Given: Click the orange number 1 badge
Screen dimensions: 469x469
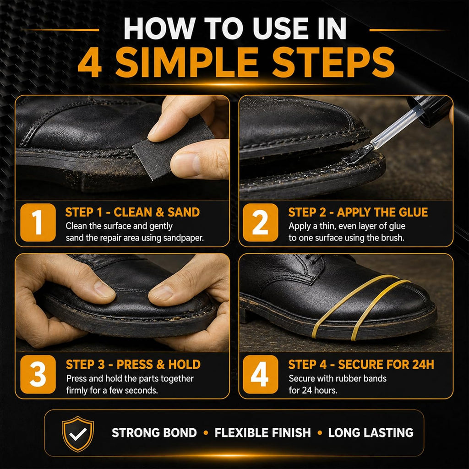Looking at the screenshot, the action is [38, 222].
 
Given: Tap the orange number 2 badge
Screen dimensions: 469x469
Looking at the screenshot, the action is [260, 222].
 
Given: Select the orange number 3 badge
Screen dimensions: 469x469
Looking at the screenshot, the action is [38, 374].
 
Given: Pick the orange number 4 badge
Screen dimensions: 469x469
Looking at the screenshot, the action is [260, 374].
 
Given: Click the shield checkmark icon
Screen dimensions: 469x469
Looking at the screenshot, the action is [78, 433].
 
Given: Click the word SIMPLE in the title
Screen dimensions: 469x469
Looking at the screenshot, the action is [187, 62].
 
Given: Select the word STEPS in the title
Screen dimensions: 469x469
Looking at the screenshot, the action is [333, 62].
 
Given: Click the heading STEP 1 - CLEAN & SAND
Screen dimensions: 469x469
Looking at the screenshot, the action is [132, 212].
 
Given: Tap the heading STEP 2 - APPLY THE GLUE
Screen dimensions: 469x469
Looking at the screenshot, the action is [358, 212].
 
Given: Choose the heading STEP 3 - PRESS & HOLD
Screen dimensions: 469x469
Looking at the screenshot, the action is [133, 364].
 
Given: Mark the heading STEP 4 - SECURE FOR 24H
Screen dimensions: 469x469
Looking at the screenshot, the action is [361, 364].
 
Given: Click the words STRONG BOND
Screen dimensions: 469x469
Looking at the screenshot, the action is [154, 433].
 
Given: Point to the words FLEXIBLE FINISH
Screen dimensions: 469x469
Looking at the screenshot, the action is [262, 433].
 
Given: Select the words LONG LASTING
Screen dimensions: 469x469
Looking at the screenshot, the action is [371, 433].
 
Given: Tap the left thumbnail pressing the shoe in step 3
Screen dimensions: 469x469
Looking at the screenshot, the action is [103, 289].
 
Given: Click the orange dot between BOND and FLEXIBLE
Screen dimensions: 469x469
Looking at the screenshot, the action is [206, 433].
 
